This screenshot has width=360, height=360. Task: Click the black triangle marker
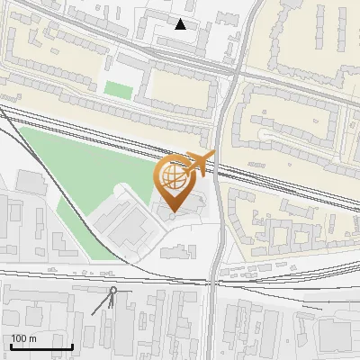point(181,24)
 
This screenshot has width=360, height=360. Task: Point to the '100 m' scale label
point(23,338)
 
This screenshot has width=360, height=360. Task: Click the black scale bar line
point(41,346)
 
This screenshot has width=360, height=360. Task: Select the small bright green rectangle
point(118,89)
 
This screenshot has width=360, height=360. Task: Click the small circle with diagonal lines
point(113,290)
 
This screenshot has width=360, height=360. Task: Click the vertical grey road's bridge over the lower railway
point(214,281)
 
